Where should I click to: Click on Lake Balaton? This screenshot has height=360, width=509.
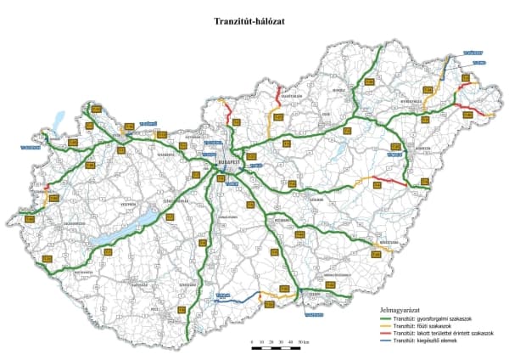(127, 228)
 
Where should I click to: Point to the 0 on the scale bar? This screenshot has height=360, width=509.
(251, 340)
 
